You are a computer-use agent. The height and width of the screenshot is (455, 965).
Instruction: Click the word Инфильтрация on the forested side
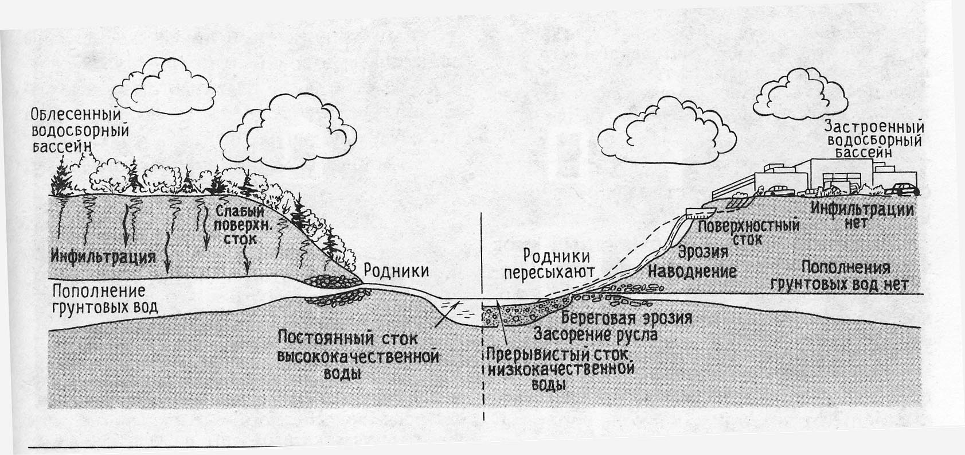(103, 256)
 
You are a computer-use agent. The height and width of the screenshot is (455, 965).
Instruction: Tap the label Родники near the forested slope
(397, 270)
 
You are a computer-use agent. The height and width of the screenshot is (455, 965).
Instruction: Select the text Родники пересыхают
(549, 265)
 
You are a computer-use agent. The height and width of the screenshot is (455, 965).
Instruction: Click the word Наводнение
(692, 271)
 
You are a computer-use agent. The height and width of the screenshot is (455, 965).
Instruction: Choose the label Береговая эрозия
(626, 318)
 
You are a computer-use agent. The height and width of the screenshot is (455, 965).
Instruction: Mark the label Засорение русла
(595, 333)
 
